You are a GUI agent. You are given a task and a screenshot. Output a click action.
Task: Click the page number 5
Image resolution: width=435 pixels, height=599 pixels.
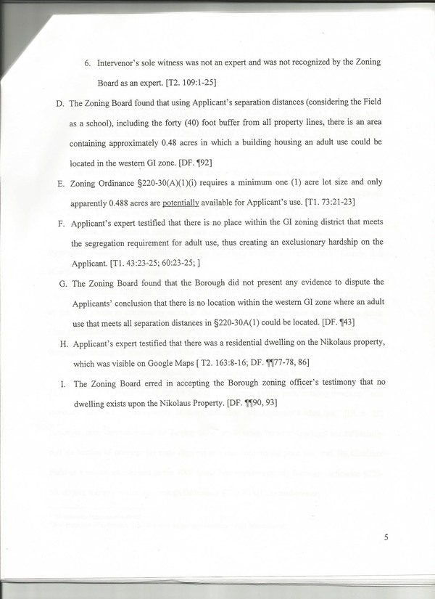click(386, 537)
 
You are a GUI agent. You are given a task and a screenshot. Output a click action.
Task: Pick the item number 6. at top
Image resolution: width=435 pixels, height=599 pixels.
click(88, 63)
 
